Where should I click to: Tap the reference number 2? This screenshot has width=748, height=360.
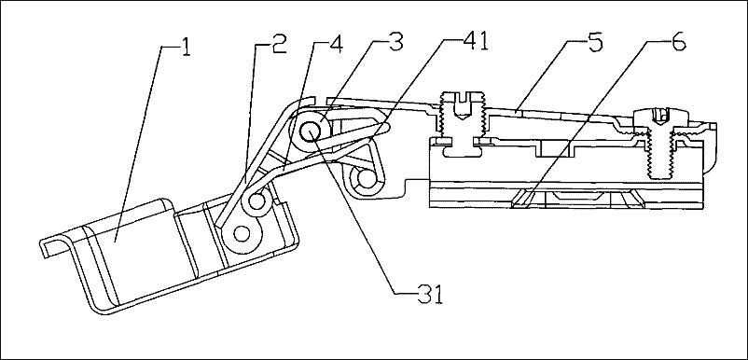coord(279,45)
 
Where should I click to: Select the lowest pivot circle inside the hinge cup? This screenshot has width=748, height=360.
coord(242,233)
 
